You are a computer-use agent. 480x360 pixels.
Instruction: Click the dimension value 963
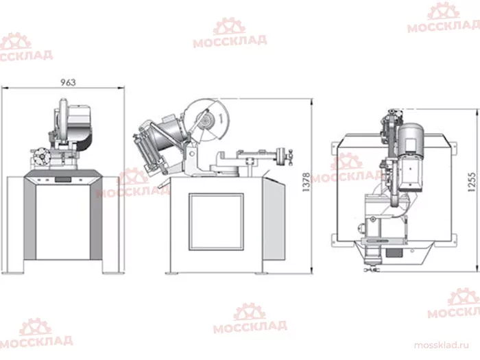pyautogui.click(x=68, y=82)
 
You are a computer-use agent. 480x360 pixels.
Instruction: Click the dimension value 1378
pyautogui.click(x=306, y=182)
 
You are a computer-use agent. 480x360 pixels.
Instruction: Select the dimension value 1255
pyautogui.click(x=472, y=182)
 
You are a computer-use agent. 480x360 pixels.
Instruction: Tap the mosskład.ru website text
pyautogui.click(x=441, y=345)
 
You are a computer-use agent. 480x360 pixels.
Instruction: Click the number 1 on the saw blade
pyautogui.click(x=221, y=118)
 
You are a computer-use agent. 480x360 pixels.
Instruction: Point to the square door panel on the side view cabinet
pyautogui.click(x=216, y=221)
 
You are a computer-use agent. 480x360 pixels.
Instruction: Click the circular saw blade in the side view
pyautogui.click(x=207, y=120)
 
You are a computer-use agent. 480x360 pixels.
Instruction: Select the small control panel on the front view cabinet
pyautogui.click(x=63, y=180)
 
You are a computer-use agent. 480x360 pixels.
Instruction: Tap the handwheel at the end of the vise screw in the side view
pyautogui.click(x=280, y=157)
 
